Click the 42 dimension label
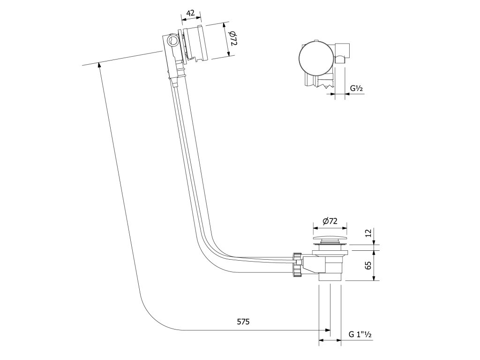pyautogui.click(x=190, y=13)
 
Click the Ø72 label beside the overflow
pyautogui.click(x=233, y=40)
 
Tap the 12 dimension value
pyautogui.click(x=369, y=233)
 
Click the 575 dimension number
pyautogui.click(x=243, y=322)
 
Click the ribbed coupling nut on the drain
pyautogui.click(x=297, y=265)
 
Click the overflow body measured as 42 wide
pyautogui.click(x=196, y=44)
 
